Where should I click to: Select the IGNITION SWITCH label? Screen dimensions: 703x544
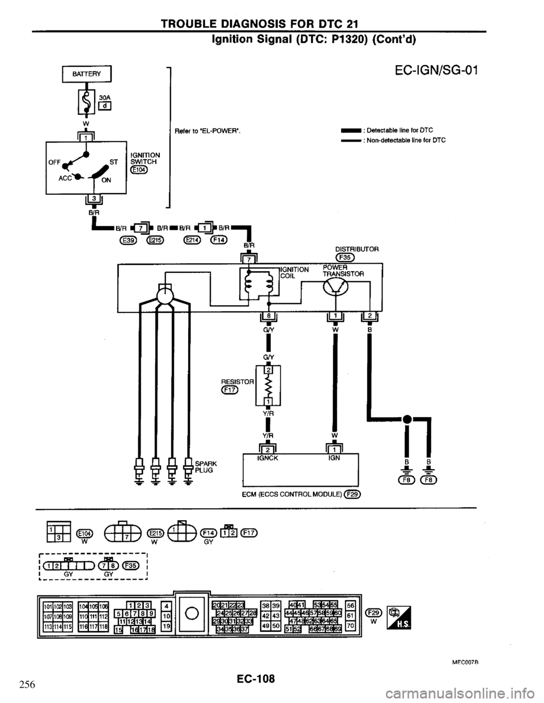click(145, 158)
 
